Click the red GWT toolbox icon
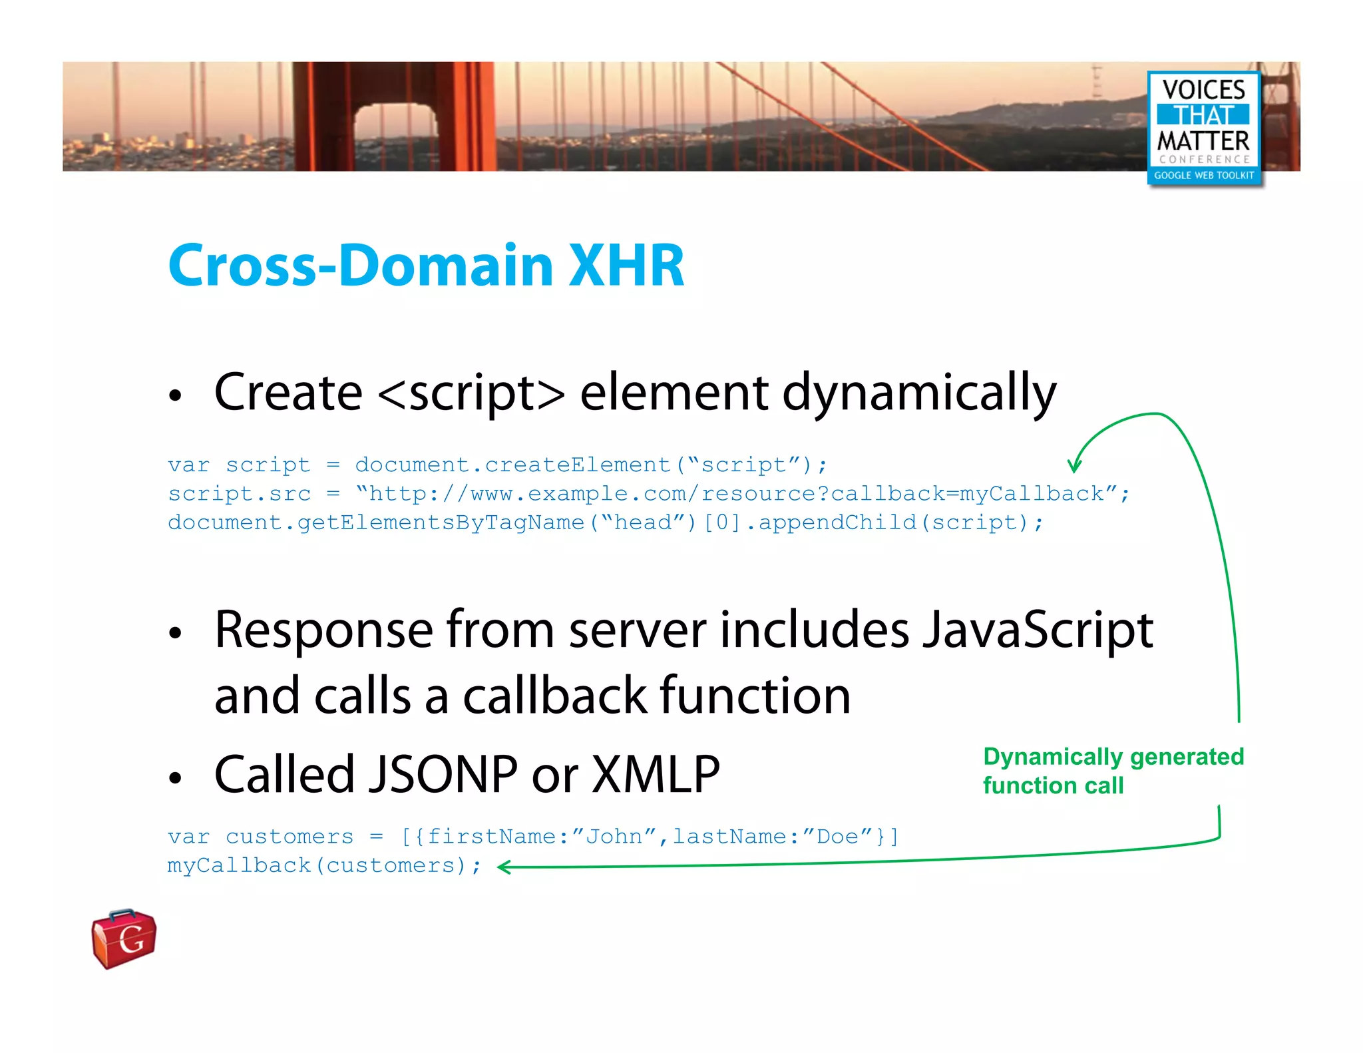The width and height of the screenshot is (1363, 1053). pyautogui.click(x=124, y=938)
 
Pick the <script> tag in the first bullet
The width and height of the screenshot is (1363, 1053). pyautogui.click(x=471, y=393)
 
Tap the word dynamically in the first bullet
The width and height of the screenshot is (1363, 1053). pyautogui.click(x=918, y=393)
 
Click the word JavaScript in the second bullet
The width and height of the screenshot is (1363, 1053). pyautogui.click(x=1038, y=630)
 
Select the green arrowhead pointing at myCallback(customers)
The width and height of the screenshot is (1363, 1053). pyautogui.click(x=503, y=867)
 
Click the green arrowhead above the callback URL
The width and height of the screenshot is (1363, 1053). pyautogui.click(x=1073, y=467)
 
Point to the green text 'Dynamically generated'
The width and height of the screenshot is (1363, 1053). pyautogui.click(x=1113, y=757)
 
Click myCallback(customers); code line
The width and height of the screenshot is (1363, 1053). pyautogui.click(x=323, y=865)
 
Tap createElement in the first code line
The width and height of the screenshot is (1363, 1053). pyautogui.click(x=578, y=465)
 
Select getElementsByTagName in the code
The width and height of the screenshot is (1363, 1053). pyautogui.click(x=441, y=523)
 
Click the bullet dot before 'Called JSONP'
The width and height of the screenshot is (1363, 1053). pyautogui.click(x=175, y=777)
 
